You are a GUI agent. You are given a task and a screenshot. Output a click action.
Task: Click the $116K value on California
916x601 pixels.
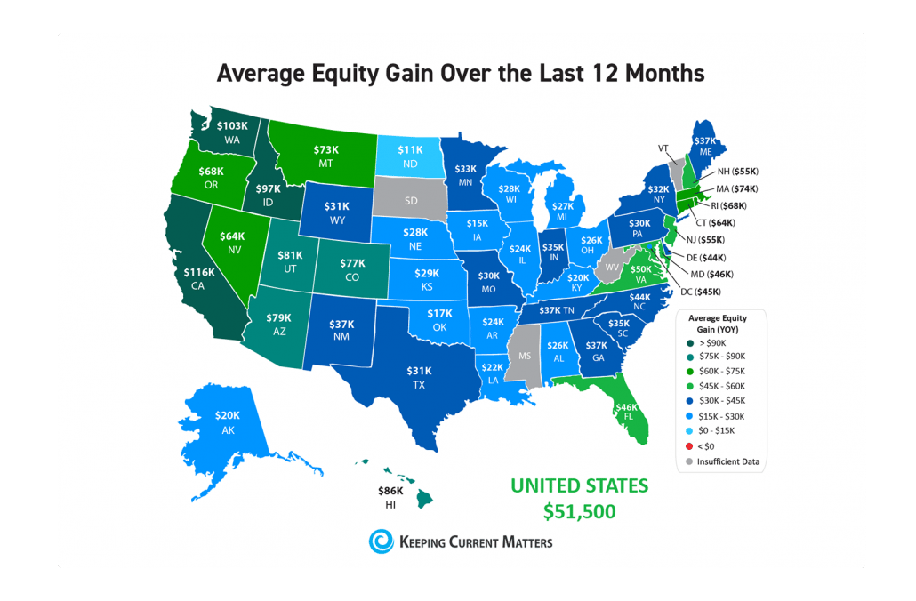tap(199, 271)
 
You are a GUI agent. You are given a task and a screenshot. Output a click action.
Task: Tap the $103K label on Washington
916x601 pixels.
tap(232, 126)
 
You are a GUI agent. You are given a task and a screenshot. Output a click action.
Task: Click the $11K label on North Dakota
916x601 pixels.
tap(410, 151)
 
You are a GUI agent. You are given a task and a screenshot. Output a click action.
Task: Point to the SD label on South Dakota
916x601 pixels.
tap(411, 201)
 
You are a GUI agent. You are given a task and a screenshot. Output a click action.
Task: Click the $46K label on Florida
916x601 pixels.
tap(627, 407)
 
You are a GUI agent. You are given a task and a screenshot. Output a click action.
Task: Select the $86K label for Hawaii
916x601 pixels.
tap(390, 490)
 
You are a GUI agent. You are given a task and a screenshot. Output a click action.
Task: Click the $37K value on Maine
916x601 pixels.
tap(704, 140)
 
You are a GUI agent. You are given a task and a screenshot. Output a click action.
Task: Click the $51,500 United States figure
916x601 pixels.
tap(579, 512)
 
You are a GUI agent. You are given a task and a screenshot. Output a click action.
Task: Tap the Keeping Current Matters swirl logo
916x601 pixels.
tap(381, 541)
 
